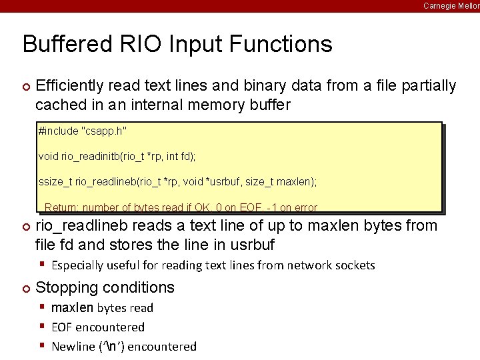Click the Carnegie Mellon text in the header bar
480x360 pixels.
451,5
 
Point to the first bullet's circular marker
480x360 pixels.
26,87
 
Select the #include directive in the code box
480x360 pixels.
60,130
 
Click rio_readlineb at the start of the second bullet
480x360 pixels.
80,226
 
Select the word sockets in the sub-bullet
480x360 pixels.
353,265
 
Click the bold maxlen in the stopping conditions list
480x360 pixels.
73,308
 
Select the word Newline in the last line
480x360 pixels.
73,347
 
